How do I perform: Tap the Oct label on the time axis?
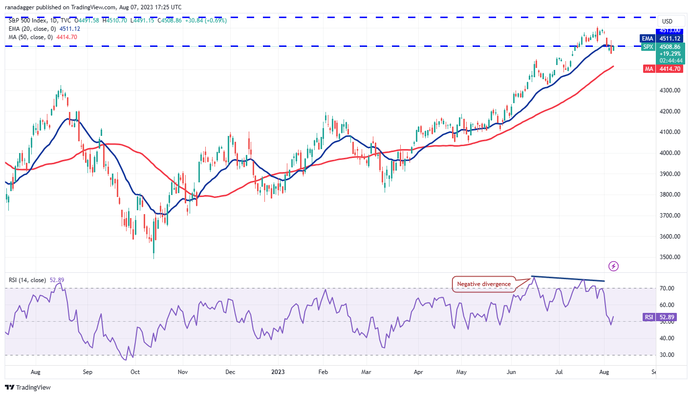tap(135, 372)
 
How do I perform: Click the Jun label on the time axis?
tap(512, 372)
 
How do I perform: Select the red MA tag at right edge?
tap(649, 69)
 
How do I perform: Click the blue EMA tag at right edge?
tap(649, 38)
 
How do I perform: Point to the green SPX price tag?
tap(649, 47)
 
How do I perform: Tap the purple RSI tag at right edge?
tap(649, 317)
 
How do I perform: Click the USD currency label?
tap(667, 21)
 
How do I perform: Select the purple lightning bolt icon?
tap(614, 266)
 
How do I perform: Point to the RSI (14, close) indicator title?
tap(27, 280)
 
